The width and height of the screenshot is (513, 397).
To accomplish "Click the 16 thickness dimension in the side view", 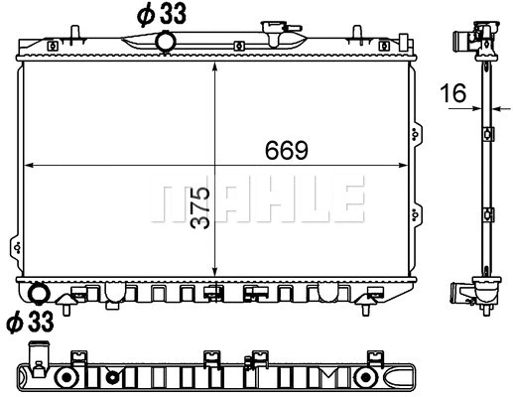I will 454,93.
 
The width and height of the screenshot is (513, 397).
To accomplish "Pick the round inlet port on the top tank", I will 167,41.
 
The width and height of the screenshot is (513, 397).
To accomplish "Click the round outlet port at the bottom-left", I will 39,294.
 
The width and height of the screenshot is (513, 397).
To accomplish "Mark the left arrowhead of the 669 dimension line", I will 27,164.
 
